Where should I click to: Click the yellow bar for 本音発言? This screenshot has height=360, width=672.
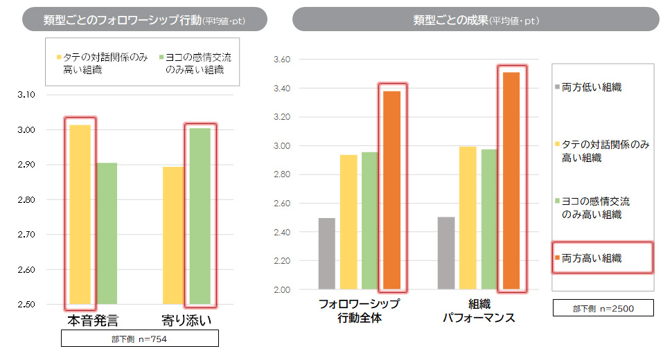[80, 215]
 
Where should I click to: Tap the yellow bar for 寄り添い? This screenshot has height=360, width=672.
[173, 235]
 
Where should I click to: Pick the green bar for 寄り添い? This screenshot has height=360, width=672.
[200, 215]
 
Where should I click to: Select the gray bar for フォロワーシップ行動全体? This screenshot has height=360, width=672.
[327, 253]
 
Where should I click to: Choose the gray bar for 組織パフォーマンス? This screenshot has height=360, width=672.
[446, 253]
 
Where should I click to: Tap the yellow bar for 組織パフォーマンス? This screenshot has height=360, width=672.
[468, 217]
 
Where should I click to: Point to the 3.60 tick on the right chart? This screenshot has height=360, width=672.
[284, 60]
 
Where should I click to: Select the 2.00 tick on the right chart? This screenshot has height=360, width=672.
[284, 289]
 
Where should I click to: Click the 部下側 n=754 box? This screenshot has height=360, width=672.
[140, 339]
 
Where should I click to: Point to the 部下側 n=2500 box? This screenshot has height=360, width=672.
[603, 307]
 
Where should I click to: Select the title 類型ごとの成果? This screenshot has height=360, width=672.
[475, 20]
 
